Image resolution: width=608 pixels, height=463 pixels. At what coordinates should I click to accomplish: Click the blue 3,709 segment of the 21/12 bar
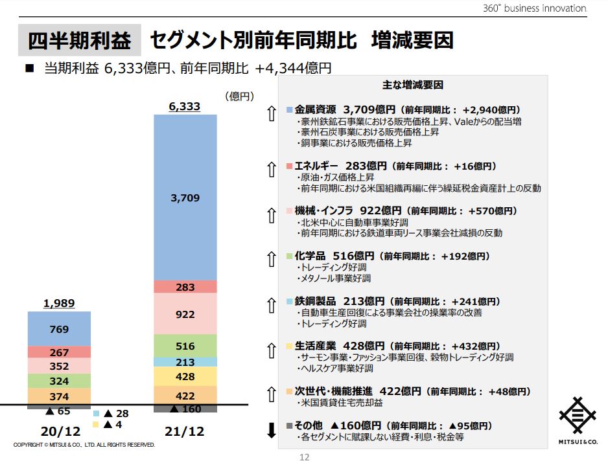[185, 198]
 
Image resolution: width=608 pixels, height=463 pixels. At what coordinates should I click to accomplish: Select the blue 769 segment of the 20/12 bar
[59, 329]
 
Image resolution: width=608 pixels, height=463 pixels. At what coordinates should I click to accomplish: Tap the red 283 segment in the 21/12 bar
[185, 287]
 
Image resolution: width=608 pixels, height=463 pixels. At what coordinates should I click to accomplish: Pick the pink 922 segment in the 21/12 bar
[185, 314]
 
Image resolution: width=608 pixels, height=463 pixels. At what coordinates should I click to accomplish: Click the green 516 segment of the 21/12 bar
[185, 346]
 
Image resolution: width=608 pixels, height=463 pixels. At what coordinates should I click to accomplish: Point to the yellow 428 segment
[185, 376]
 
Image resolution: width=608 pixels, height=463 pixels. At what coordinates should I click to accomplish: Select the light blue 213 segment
[185, 362]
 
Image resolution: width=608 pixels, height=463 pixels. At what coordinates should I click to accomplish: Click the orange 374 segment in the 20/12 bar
[59, 396]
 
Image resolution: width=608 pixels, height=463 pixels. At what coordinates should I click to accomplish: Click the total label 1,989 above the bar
[59, 303]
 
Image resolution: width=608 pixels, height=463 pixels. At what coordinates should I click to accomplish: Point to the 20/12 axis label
[59, 431]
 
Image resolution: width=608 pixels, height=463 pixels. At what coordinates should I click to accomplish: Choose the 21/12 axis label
[185, 431]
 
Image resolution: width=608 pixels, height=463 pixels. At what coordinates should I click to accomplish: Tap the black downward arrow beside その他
[272, 430]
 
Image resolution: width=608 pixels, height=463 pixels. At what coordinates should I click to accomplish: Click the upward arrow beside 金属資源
[272, 114]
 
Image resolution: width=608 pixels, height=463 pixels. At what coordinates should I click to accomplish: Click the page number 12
[304, 457]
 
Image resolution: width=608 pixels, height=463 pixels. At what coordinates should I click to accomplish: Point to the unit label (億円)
[239, 96]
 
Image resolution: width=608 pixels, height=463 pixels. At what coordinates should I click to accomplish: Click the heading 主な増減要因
[413, 85]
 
